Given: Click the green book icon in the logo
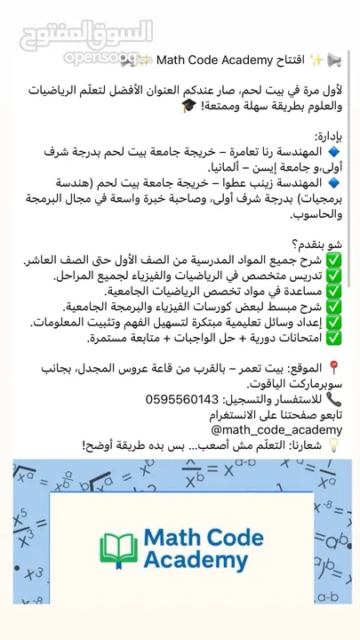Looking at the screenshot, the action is click(118, 551).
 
